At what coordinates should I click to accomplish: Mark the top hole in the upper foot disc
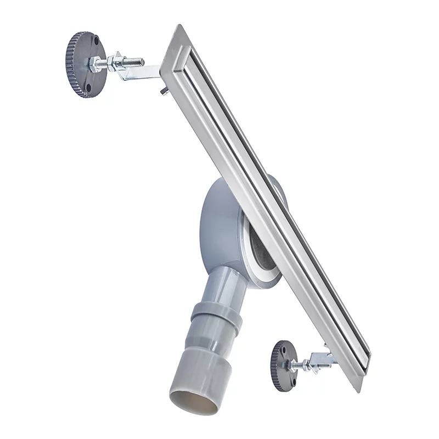(95, 41)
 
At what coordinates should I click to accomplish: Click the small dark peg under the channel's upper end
(163, 92)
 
